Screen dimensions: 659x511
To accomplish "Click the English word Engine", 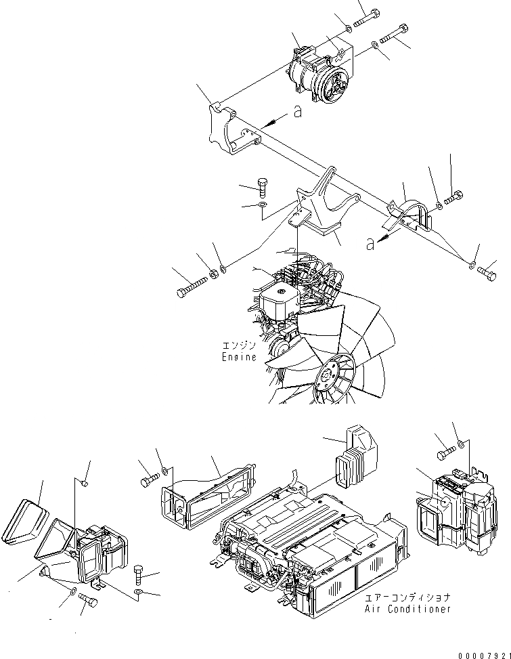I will point(239,357).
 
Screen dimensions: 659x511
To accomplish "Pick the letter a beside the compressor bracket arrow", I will point(297,113).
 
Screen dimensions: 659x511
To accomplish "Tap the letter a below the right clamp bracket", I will point(370,244).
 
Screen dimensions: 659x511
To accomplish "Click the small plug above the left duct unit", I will point(83,483).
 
